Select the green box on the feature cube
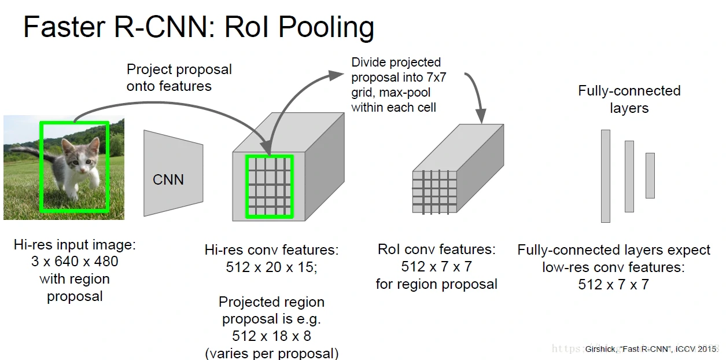point(269,186)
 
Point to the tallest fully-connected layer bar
point(605,176)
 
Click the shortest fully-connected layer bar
point(650,175)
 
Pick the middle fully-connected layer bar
point(629,176)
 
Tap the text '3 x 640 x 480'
point(75,262)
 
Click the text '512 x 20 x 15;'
point(271,267)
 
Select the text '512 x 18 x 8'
point(271,336)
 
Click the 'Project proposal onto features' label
point(179,78)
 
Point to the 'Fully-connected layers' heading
point(629,99)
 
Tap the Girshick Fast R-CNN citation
point(650,349)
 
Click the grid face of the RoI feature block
point(434,192)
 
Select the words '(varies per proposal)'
point(271,353)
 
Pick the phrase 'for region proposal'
point(436,284)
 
